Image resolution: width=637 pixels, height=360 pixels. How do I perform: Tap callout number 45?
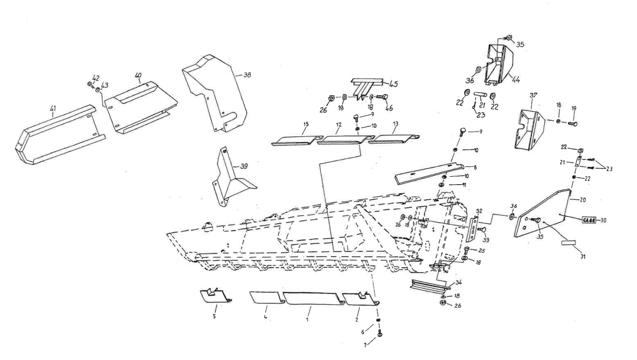pos(393,84)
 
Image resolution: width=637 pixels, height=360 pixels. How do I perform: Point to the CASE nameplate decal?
pos(589,220)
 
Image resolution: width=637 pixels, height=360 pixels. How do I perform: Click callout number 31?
pos(583,257)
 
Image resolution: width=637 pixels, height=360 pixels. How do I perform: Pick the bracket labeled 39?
pos(229,179)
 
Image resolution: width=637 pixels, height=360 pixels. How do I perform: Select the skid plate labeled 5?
pos(214,296)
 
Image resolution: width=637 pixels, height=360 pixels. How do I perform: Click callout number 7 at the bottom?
pos(365,345)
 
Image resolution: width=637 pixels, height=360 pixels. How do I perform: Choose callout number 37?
pos(533,95)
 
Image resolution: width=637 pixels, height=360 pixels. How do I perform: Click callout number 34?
pos(458,283)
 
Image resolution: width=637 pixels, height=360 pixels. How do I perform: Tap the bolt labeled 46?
pos(382,97)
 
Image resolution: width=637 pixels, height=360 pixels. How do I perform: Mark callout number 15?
pos(306,124)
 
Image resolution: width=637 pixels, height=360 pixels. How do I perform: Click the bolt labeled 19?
pos(571,124)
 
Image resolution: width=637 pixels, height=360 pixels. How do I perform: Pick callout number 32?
pos(479,211)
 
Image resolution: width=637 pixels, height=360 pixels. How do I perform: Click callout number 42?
pos(95,78)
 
